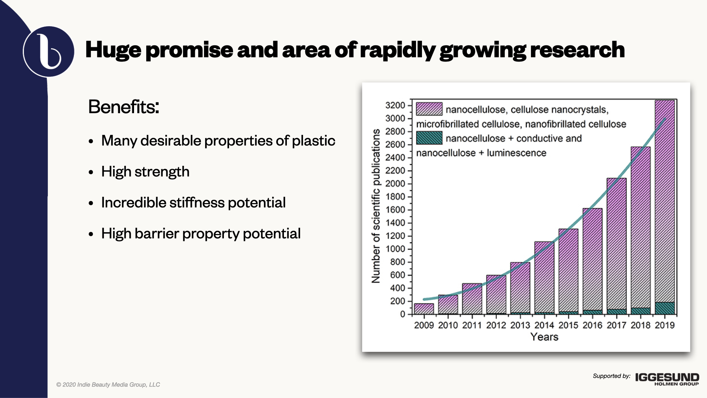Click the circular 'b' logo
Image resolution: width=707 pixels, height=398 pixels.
coord(49,52)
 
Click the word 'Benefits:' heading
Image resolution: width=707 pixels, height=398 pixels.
coord(124,107)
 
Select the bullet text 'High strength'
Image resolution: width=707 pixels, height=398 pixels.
coord(145,172)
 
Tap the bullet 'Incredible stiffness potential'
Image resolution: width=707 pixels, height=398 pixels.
coord(193,203)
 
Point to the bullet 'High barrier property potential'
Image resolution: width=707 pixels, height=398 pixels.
coord(201,234)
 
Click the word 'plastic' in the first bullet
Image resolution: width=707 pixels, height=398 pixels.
coord(314,141)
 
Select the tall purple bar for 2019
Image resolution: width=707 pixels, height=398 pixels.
coord(665,201)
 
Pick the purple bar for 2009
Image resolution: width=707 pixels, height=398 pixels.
coord(424,309)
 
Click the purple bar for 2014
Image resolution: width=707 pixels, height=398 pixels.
coord(544,277)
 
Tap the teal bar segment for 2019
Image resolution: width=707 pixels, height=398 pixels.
coord(665,308)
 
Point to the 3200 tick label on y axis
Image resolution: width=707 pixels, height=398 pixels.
coord(395,105)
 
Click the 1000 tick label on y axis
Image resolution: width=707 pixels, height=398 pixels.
coord(395,249)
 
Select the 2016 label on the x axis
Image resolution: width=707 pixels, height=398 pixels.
coord(592,325)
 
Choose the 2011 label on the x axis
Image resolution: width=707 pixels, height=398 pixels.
coord(472,325)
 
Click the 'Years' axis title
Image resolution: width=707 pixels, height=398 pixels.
coord(544,337)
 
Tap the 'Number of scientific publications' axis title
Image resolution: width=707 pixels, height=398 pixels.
coord(376,206)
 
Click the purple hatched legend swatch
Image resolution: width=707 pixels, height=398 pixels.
coord(429,109)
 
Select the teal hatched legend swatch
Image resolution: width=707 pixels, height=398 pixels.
coord(429,138)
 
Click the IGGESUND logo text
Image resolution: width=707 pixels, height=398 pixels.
coord(667,377)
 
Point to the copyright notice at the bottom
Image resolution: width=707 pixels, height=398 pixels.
coord(108,385)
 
